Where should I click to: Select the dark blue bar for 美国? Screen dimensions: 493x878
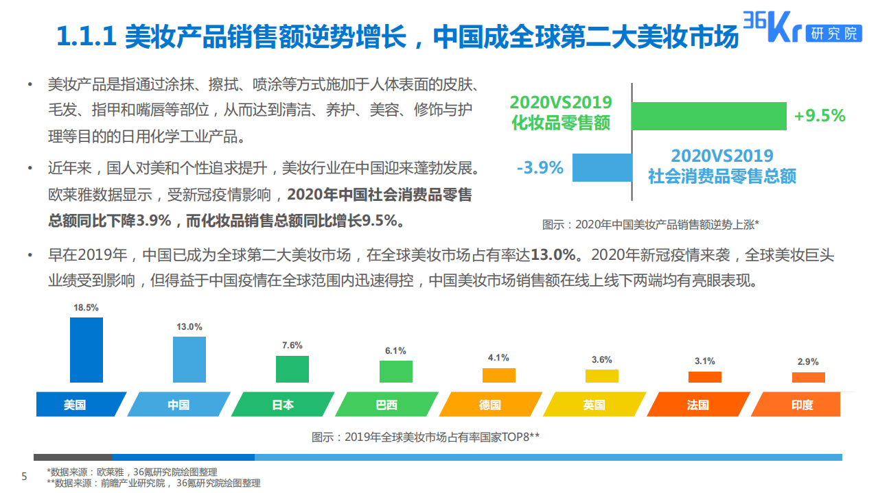(86, 350)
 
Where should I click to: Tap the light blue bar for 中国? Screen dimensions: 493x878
(189, 359)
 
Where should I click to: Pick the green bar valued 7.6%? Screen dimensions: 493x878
(292, 369)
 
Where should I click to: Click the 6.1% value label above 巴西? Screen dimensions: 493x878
(395, 350)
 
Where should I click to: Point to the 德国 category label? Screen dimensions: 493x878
(489, 405)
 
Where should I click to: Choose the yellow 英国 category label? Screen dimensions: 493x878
(594, 405)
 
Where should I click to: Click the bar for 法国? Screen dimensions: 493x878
(705, 377)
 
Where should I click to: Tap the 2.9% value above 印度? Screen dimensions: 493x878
(808, 361)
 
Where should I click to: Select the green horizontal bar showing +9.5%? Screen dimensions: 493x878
(708, 116)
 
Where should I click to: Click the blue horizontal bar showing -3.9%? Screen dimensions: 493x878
(602, 167)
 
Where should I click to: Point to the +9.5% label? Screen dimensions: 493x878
(820, 116)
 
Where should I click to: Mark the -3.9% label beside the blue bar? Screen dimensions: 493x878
(540, 167)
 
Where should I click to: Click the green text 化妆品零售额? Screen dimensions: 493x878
(561, 123)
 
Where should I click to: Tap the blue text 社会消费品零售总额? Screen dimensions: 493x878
(722, 176)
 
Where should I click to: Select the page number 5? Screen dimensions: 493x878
(24, 477)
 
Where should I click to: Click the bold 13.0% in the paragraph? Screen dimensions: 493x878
(553, 256)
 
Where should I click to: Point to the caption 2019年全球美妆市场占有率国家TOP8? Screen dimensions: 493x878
(426, 437)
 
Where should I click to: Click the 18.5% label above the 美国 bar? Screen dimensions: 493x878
(86, 308)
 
